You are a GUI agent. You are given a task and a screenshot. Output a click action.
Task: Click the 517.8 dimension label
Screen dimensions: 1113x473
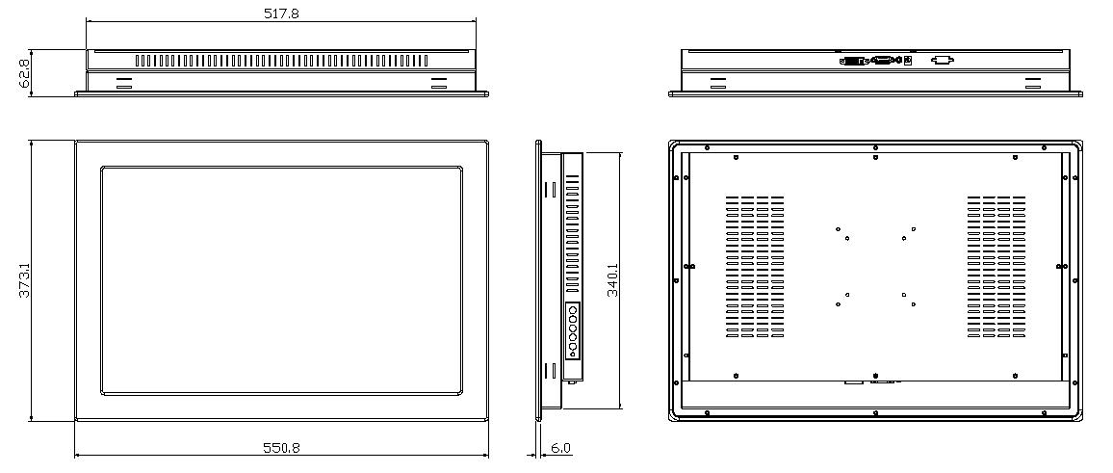[281, 13]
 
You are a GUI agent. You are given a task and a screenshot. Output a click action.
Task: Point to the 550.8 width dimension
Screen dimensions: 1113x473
[282, 448]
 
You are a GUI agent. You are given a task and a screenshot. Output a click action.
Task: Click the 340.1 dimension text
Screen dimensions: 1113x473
[612, 279]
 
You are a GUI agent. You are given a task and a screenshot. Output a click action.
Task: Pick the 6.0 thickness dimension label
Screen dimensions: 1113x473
[560, 448]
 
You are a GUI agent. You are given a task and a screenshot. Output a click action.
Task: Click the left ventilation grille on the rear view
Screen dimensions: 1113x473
[755, 267]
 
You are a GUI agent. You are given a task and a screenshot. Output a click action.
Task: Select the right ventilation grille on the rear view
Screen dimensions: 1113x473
[996, 267]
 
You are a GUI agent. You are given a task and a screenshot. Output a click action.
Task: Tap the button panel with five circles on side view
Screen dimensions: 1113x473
[572, 330]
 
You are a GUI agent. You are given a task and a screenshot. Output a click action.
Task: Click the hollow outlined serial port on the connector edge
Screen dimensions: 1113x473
[942, 61]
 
